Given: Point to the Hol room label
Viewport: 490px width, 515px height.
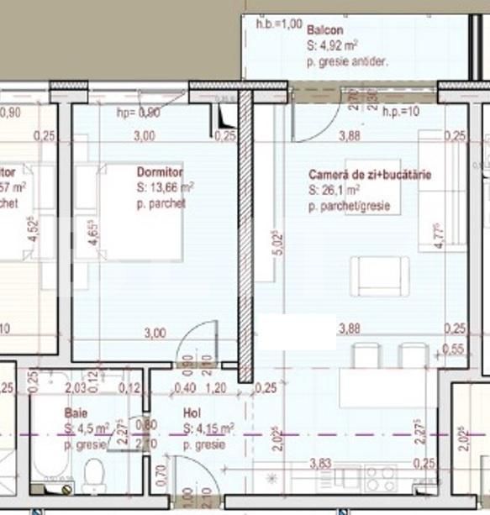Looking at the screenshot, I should coord(191,413).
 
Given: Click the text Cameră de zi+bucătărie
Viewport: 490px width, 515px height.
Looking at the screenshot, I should coord(370,175).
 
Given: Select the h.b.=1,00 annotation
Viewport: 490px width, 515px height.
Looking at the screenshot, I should coord(278,23).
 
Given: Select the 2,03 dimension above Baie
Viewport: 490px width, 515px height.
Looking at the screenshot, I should coord(75,387).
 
